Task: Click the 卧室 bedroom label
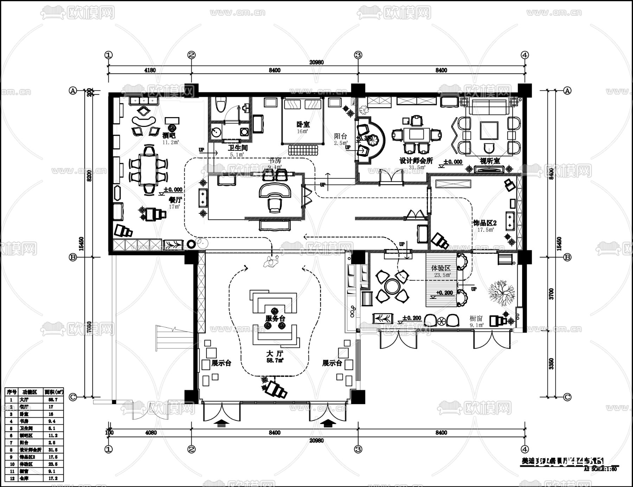303,124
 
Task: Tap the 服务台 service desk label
275,319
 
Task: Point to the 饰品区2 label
485,223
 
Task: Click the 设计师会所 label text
416,161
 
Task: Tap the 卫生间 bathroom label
238,148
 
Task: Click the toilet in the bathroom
220,104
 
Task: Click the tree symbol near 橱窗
501,293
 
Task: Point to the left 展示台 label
221,363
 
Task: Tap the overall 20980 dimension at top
316,62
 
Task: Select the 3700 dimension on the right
551,293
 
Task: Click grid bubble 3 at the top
358,55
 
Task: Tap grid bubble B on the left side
73,257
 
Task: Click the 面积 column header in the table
53,392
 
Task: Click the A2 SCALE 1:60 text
600,469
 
